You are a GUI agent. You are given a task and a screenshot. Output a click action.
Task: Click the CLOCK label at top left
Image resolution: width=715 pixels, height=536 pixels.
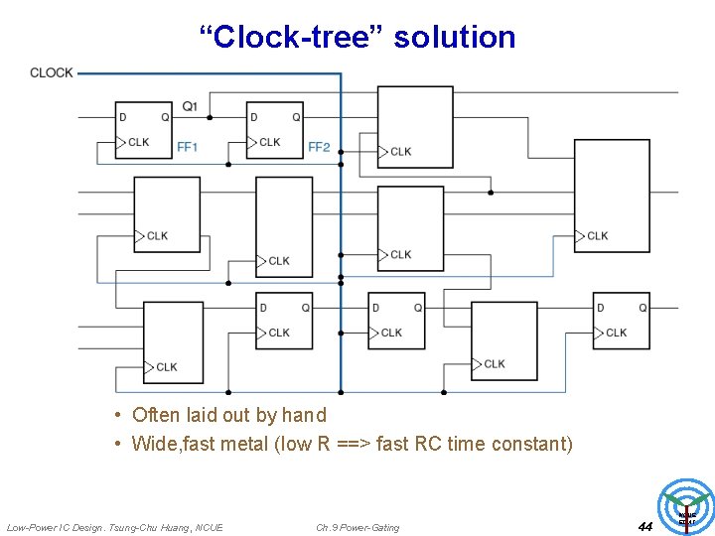click(x=51, y=72)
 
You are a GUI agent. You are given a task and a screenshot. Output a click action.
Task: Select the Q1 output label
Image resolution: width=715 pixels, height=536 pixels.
click(x=190, y=106)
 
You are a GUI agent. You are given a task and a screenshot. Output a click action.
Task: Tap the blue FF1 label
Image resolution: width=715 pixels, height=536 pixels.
click(x=188, y=147)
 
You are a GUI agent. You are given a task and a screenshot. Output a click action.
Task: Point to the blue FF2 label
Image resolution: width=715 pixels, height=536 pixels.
click(x=319, y=147)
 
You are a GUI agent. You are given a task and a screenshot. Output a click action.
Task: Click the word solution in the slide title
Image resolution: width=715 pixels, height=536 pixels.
click(x=455, y=37)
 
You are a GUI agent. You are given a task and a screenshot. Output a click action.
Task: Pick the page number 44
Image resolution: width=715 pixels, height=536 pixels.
click(x=644, y=526)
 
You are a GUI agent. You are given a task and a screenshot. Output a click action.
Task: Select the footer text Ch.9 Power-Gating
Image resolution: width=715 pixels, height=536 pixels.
click(x=357, y=527)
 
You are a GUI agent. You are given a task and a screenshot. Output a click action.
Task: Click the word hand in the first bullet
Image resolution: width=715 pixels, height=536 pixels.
click(x=304, y=415)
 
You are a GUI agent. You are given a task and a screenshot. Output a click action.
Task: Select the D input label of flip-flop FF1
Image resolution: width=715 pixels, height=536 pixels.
click(x=123, y=117)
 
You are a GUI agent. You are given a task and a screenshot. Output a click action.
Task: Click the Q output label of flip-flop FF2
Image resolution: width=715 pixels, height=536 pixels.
click(x=296, y=117)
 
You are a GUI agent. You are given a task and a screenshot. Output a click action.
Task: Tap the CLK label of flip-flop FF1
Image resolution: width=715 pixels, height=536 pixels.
click(x=139, y=142)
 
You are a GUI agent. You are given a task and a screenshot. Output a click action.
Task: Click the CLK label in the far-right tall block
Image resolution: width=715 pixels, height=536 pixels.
click(x=598, y=235)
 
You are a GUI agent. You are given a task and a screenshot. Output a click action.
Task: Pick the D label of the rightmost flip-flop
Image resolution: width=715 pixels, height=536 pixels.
click(x=600, y=308)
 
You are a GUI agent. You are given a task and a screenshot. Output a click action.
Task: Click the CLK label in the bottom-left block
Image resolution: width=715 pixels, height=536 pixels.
click(x=166, y=367)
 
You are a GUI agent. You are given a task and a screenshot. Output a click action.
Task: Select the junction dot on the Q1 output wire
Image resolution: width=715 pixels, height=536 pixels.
click(x=209, y=117)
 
